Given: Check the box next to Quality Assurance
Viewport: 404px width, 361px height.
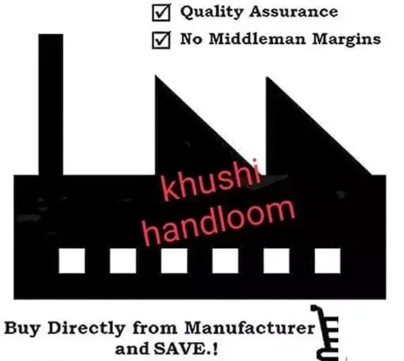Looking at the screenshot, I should tap(161, 12).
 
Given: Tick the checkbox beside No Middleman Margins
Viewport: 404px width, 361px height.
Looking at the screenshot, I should tap(161, 39).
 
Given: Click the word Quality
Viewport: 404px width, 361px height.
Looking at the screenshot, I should tap(208, 13).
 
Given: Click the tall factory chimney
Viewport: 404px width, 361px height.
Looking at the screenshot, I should tap(51, 101).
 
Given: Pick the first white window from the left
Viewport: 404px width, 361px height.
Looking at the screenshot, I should tap(71, 261).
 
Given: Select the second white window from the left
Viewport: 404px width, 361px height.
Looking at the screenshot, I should tap(123, 261).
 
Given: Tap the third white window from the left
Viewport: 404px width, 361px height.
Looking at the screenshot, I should tap(174, 261).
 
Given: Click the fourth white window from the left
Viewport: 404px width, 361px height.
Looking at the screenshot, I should tap(225, 261).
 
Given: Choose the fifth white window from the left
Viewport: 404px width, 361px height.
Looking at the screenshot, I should tap(276, 261).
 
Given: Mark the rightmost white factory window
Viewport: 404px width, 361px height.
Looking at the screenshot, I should tap(327, 261).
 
